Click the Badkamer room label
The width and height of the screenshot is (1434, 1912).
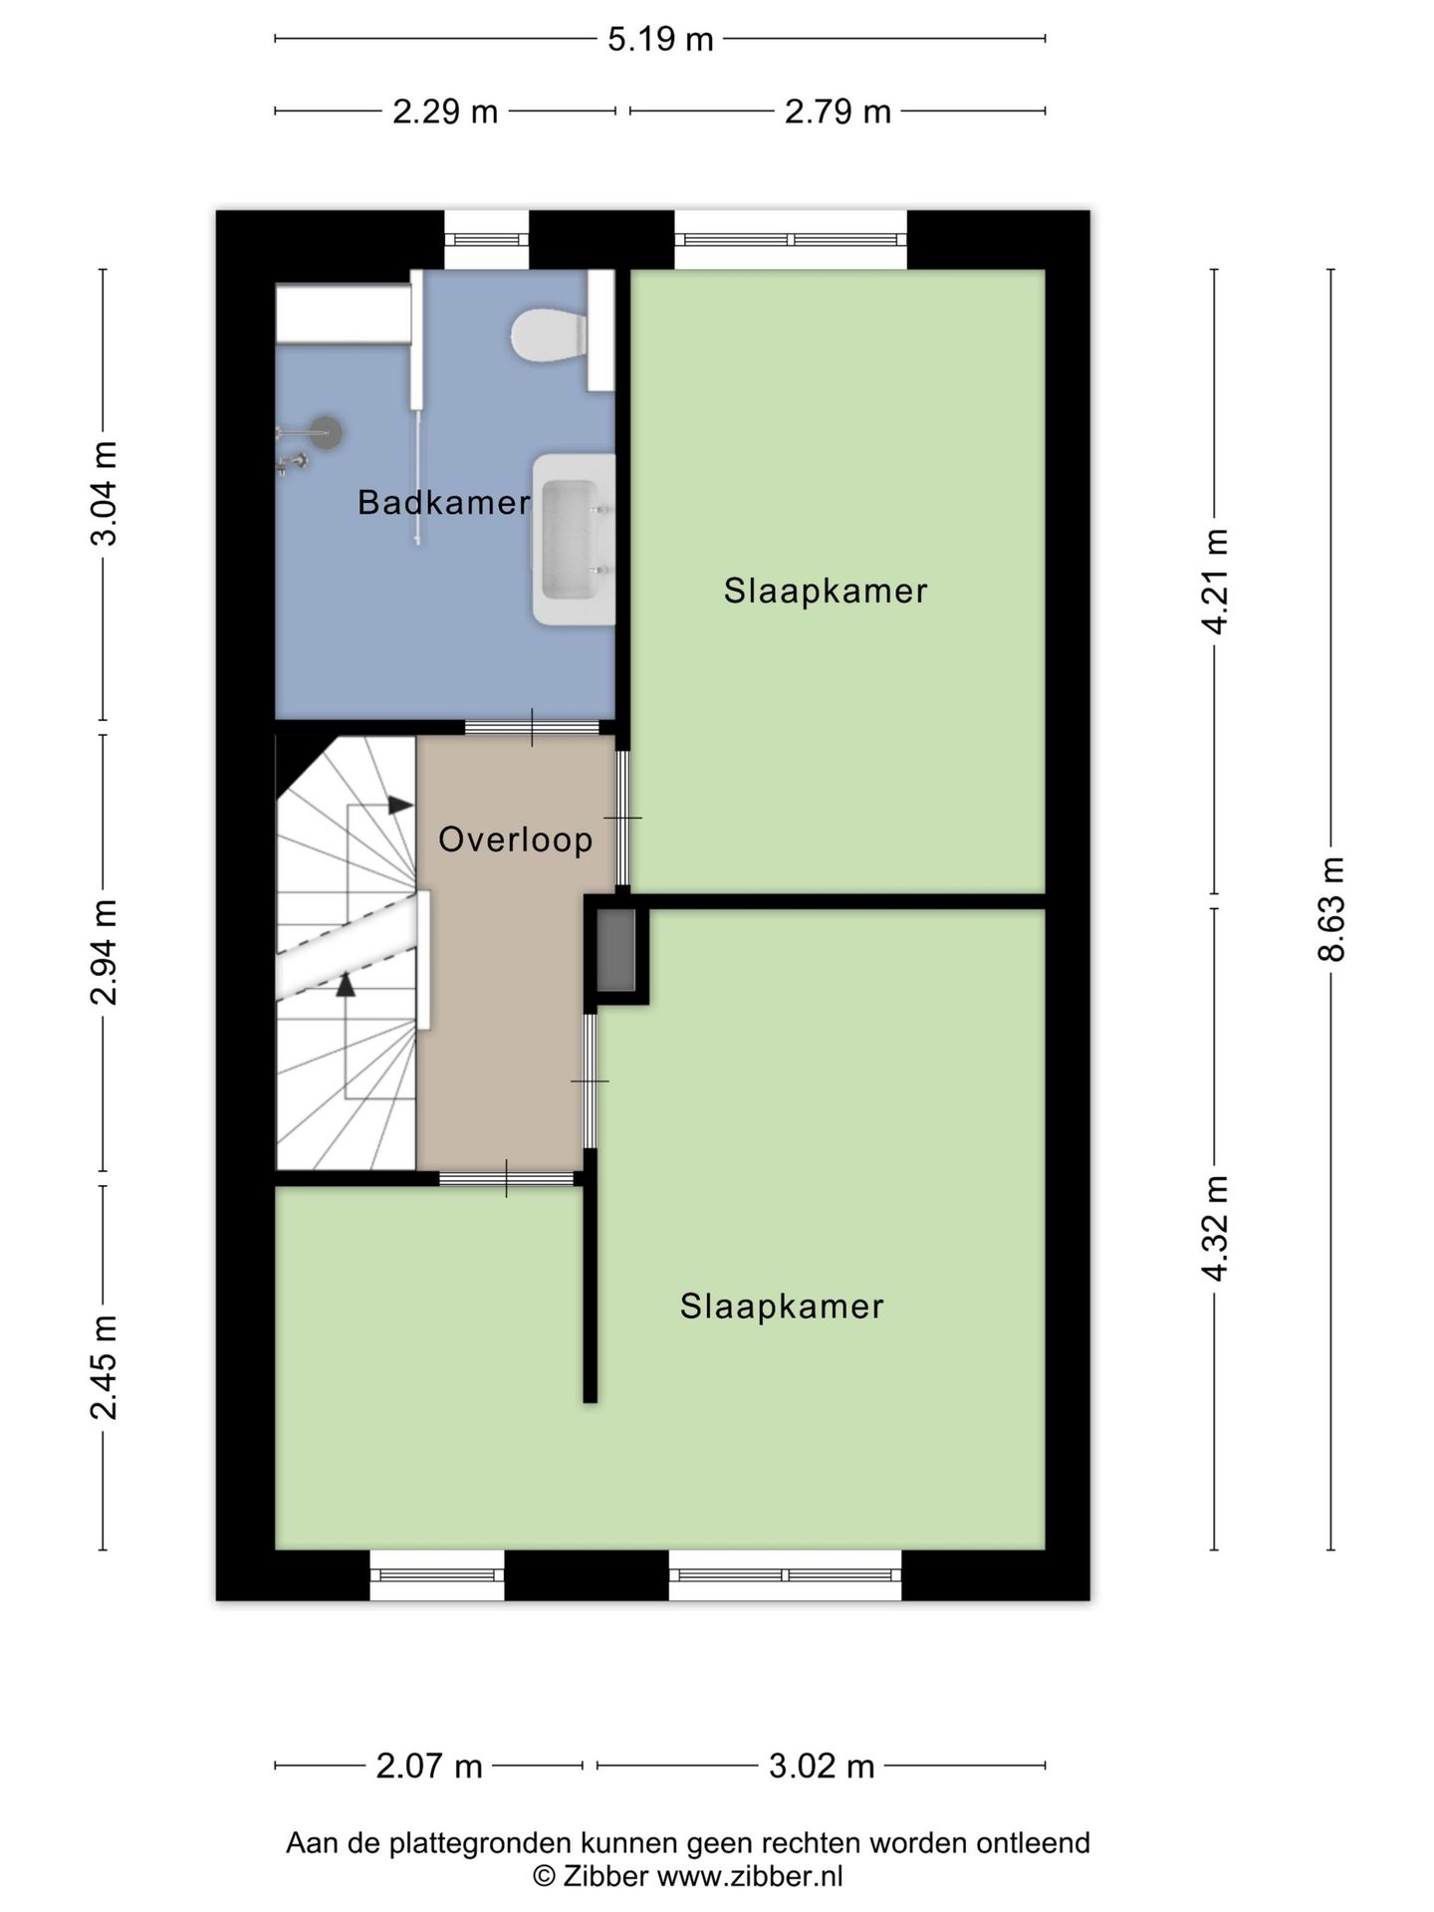pyautogui.click(x=444, y=502)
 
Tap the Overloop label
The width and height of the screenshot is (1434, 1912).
pyautogui.click(x=516, y=839)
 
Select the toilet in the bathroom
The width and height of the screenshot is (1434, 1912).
pyautogui.click(x=549, y=335)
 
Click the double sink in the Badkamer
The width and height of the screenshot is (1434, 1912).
pyautogui.click(x=575, y=539)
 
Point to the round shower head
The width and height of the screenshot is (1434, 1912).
pyautogui.click(x=325, y=432)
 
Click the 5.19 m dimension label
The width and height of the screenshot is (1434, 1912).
pyautogui.click(x=661, y=39)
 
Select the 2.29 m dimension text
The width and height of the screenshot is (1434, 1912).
pyautogui.click(x=445, y=112)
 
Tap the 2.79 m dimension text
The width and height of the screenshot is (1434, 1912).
pyautogui.click(x=837, y=112)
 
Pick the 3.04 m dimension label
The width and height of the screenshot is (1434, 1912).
pyautogui.click(x=104, y=493)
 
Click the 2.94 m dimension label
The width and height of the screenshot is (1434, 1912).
pyautogui.click(x=104, y=952)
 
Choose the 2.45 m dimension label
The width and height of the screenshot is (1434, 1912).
pyautogui.click(x=104, y=1366)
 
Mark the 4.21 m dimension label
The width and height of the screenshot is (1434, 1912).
pyautogui.click(x=1215, y=582)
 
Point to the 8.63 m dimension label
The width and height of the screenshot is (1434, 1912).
pyautogui.click(x=1331, y=908)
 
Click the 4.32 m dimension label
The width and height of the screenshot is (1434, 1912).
pyautogui.click(x=1215, y=1229)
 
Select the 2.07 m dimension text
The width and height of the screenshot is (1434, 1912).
pyautogui.click(x=429, y=1766)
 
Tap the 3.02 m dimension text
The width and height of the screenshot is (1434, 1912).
pyautogui.click(x=822, y=1766)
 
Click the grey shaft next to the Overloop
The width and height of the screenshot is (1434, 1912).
pyautogui.click(x=615, y=950)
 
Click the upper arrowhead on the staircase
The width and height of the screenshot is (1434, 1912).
pyautogui.click(x=400, y=805)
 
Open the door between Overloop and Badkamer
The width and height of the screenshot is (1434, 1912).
pyautogui.click(x=532, y=727)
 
